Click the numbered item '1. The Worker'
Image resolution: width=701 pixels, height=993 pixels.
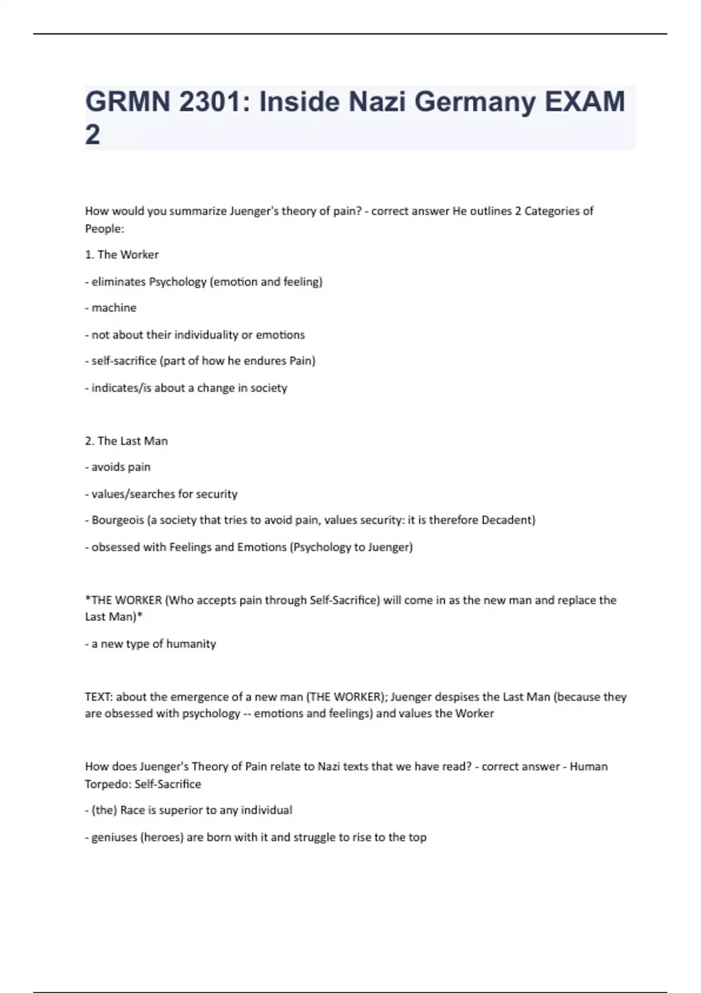(122, 255)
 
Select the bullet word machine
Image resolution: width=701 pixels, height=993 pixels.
(114, 308)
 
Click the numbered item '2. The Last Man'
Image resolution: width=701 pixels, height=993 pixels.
(126, 441)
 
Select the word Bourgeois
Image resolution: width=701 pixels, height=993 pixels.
(117, 520)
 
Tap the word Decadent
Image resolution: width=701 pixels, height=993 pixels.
(508, 520)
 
